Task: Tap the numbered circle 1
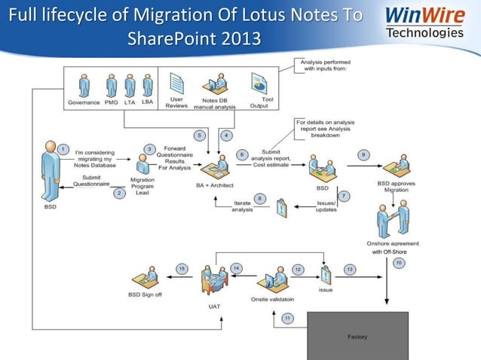(64, 148)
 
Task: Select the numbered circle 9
(363, 154)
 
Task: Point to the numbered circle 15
(182, 268)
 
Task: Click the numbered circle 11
(287, 319)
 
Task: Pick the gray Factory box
(357, 336)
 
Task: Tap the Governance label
(84, 102)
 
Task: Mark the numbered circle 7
(344, 196)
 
